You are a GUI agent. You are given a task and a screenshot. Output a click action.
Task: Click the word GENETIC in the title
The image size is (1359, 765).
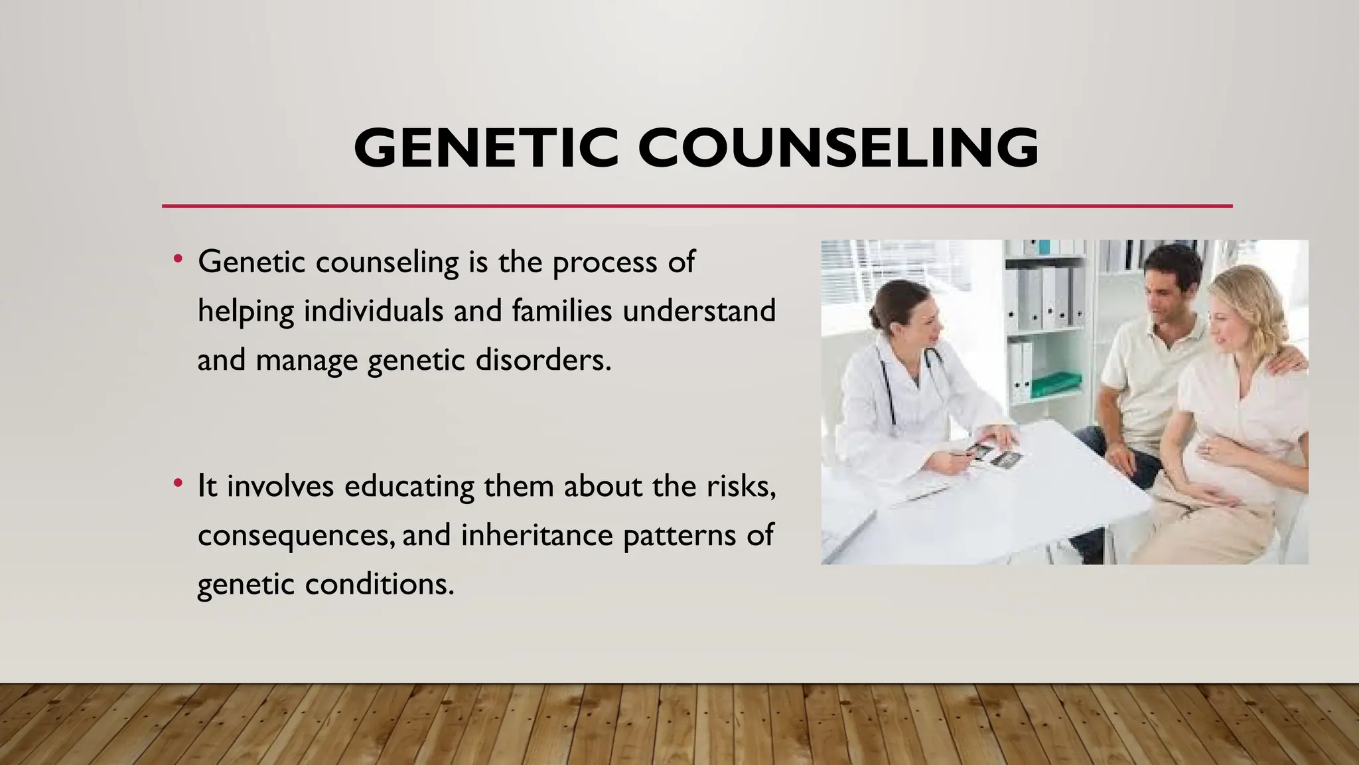(486, 147)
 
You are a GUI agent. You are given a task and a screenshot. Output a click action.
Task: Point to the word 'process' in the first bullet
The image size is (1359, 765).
(605, 263)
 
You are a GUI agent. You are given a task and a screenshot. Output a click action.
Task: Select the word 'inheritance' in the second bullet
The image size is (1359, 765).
(536, 535)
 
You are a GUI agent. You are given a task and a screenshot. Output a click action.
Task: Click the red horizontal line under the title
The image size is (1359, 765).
(697, 206)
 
